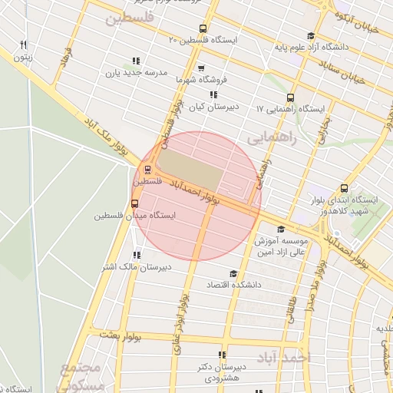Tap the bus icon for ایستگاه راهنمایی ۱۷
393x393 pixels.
(x=290, y=97)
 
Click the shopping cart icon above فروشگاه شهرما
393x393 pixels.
(x=201, y=68)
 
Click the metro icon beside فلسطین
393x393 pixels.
(x=147, y=170)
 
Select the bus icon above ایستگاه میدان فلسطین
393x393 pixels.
(x=135, y=203)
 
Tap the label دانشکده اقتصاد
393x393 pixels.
(x=233, y=285)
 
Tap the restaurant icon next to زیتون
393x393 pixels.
(x=24, y=45)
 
